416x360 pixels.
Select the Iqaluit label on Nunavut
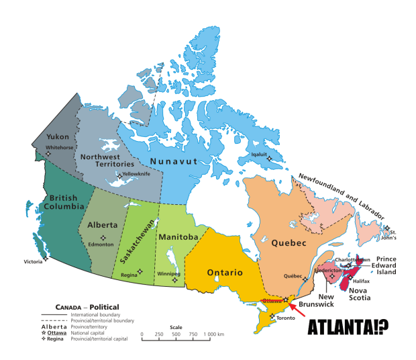[259, 152]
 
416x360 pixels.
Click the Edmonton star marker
[103, 238]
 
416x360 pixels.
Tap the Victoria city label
[34, 261]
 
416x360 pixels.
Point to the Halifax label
[360, 280]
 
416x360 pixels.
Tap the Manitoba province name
[178, 237]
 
